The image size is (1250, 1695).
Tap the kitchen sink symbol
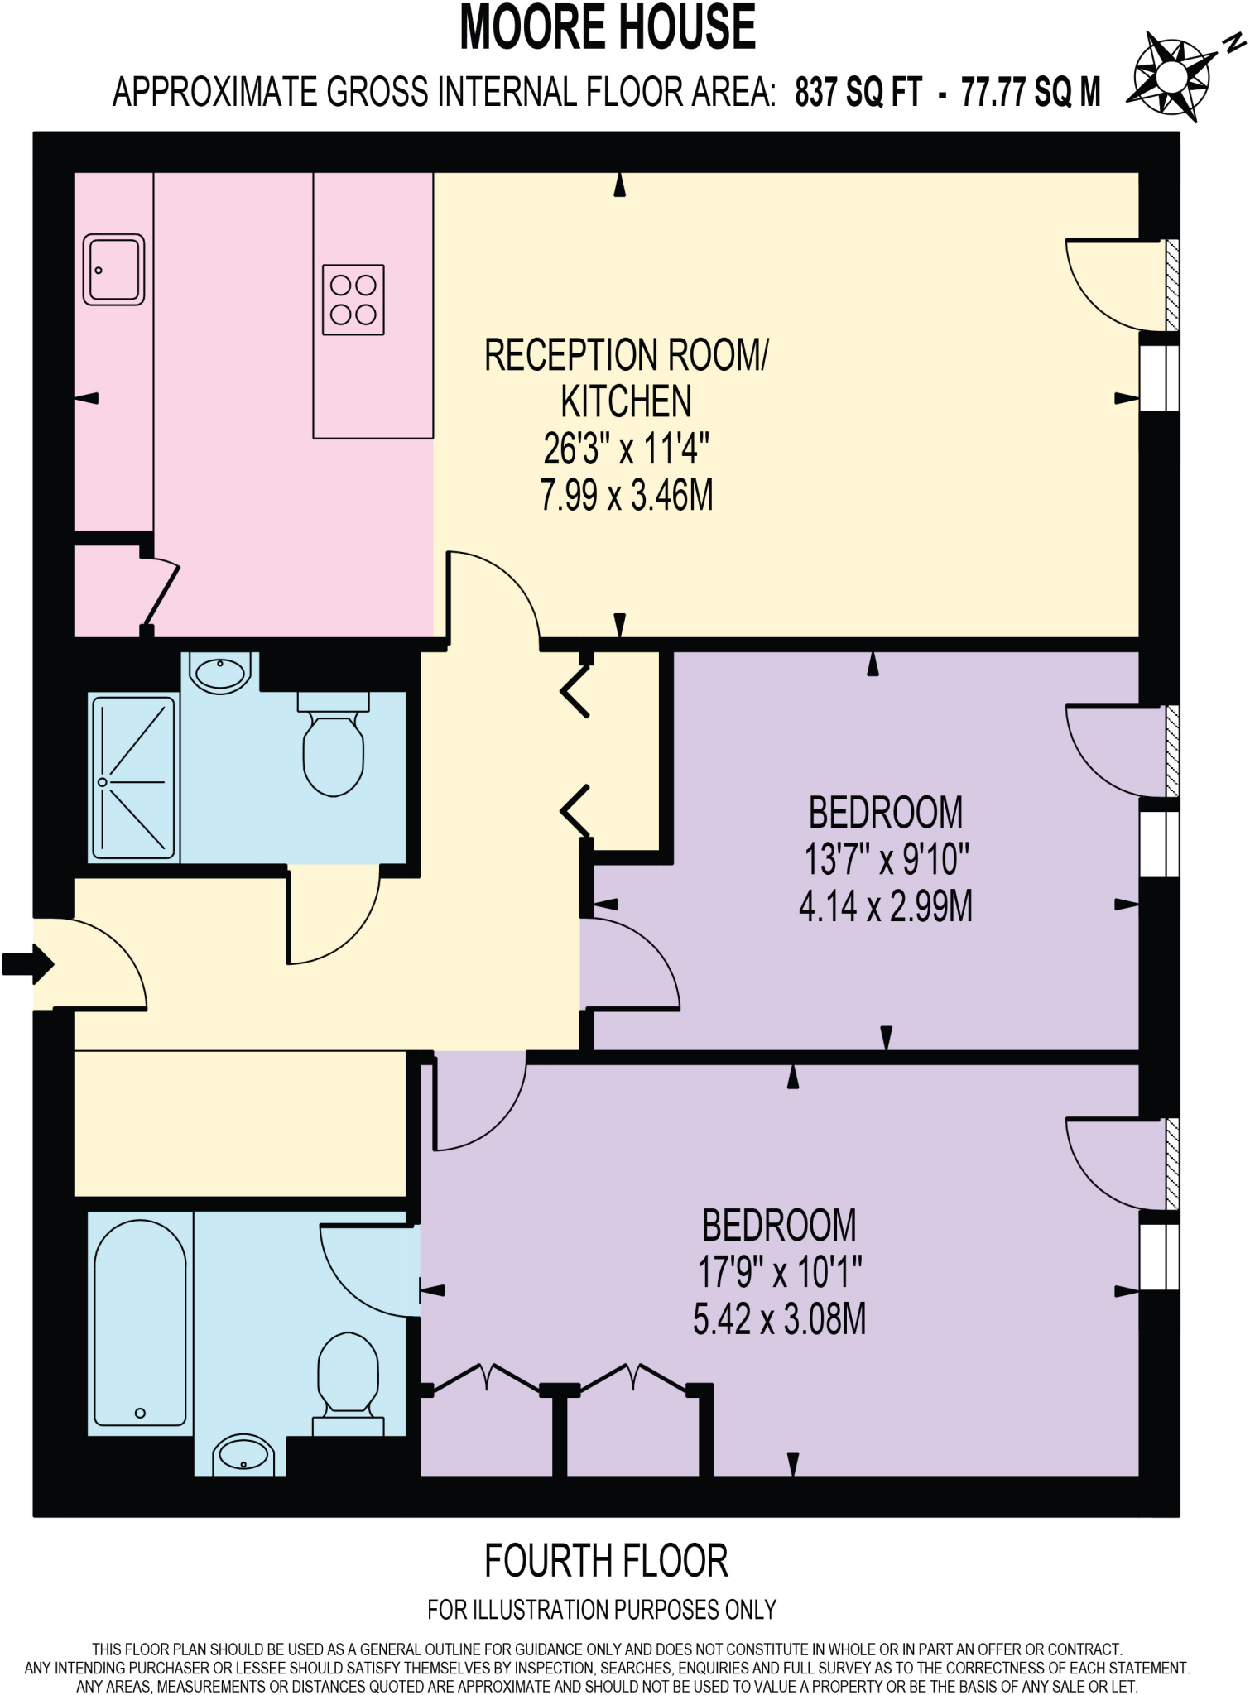tap(113, 270)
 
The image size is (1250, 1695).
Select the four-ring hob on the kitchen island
tap(353, 300)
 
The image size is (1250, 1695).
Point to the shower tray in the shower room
tap(134, 778)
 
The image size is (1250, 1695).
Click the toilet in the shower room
tap(334, 745)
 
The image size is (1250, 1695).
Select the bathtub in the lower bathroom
tap(140, 1323)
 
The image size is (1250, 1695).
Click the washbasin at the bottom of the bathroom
tap(243, 1454)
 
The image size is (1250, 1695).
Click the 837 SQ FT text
tap(858, 92)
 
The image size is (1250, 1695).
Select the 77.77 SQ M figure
tap(1031, 92)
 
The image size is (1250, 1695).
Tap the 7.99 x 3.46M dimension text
tap(627, 496)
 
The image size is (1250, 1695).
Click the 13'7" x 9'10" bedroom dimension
tap(886, 859)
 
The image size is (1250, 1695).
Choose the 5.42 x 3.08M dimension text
tap(779, 1319)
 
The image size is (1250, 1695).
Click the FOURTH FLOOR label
tap(606, 1561)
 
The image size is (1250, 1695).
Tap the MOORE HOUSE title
tap(608, 28)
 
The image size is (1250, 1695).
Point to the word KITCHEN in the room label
tap(626, 402)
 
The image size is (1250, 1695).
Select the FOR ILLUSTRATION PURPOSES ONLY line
tap(602, 1610)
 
